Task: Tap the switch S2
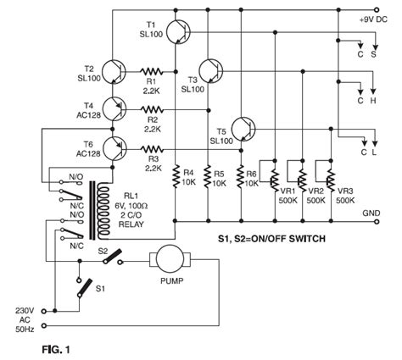tap(112, 258)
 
